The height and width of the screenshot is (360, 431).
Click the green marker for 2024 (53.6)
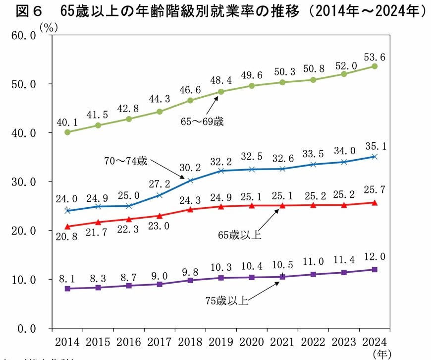tap(375, 66)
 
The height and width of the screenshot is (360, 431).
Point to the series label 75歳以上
tap(226, 300)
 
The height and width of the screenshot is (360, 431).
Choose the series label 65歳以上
tap(240, 235)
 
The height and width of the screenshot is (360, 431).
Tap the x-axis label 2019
tap(221, 343)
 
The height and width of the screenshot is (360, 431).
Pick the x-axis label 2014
tap(67, 343)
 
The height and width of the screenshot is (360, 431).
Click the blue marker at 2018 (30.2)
tap(191, 180)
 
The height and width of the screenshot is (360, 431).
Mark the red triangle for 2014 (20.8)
tap(67, 226)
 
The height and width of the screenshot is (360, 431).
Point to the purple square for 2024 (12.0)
tap(375, 270)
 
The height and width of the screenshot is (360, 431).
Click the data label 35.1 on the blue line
tap(375, 146)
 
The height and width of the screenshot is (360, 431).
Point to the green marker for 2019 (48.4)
tap(221, 92)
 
